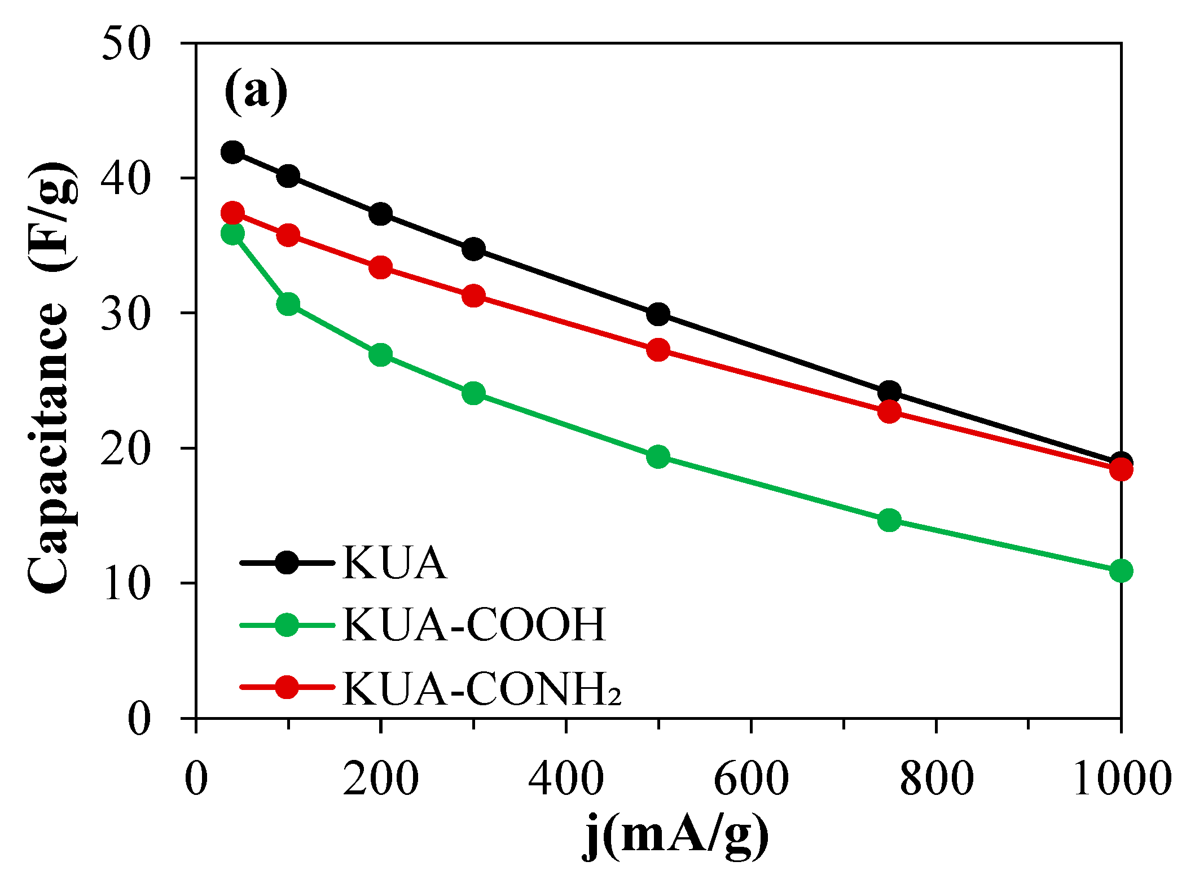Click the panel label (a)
pyautogui.click(x=256, y=92)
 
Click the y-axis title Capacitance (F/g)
pyautogui.click(x=52, y=377)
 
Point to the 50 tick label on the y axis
pyautogui.click(x=126, y=43)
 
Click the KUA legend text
pyautogui.click(x=394, y=563)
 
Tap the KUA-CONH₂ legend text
pyautogui.click(x=481, y=689)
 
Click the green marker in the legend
pyautogui.click(x=287, y=625)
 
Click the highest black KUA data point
pyautogui.click(x=232, y=152)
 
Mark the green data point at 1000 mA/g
pyautogui.click(x=1121, y=570)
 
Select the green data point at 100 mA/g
pyautogui.click(x=288, y=304)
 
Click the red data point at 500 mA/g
pyautogui.click(x=658, y=350)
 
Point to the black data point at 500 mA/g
pyautogui.click(x=658, y=314)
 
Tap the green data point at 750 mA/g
pyautogui.click(x=889, y=520)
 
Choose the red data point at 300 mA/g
pyautogui.click(x=473, y=296)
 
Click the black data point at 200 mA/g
pyautogui.click(x=381, y=214)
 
